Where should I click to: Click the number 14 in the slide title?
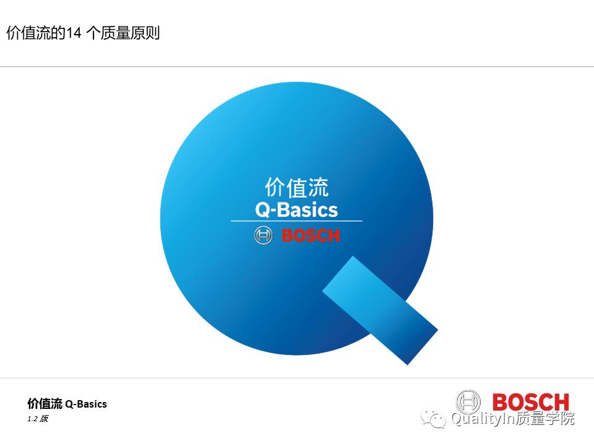[x=74, y=33]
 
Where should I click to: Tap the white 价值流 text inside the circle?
[x=296, y=188]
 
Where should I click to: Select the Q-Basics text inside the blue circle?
[x=296, y=209]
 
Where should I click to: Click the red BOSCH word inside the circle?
[x=311, y=236]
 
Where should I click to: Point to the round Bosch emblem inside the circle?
[x=263, y=236]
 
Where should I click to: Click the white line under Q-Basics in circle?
[x=296, y=221]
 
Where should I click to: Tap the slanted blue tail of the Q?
[x=380, y=310]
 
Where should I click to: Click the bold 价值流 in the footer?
[x=45, y=404]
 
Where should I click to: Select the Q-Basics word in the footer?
[x=86, y=404]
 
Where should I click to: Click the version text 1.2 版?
[x=38, y=419]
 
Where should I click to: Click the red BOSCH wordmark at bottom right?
[x=530, y=402]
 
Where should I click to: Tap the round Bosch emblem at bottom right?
[x=468, y=402]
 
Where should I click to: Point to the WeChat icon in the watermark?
[x=434, y=419]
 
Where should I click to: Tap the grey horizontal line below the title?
[x=297, y=66]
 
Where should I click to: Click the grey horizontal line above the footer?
[x=297, y=378]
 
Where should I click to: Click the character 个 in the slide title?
[x=93, y=33]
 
